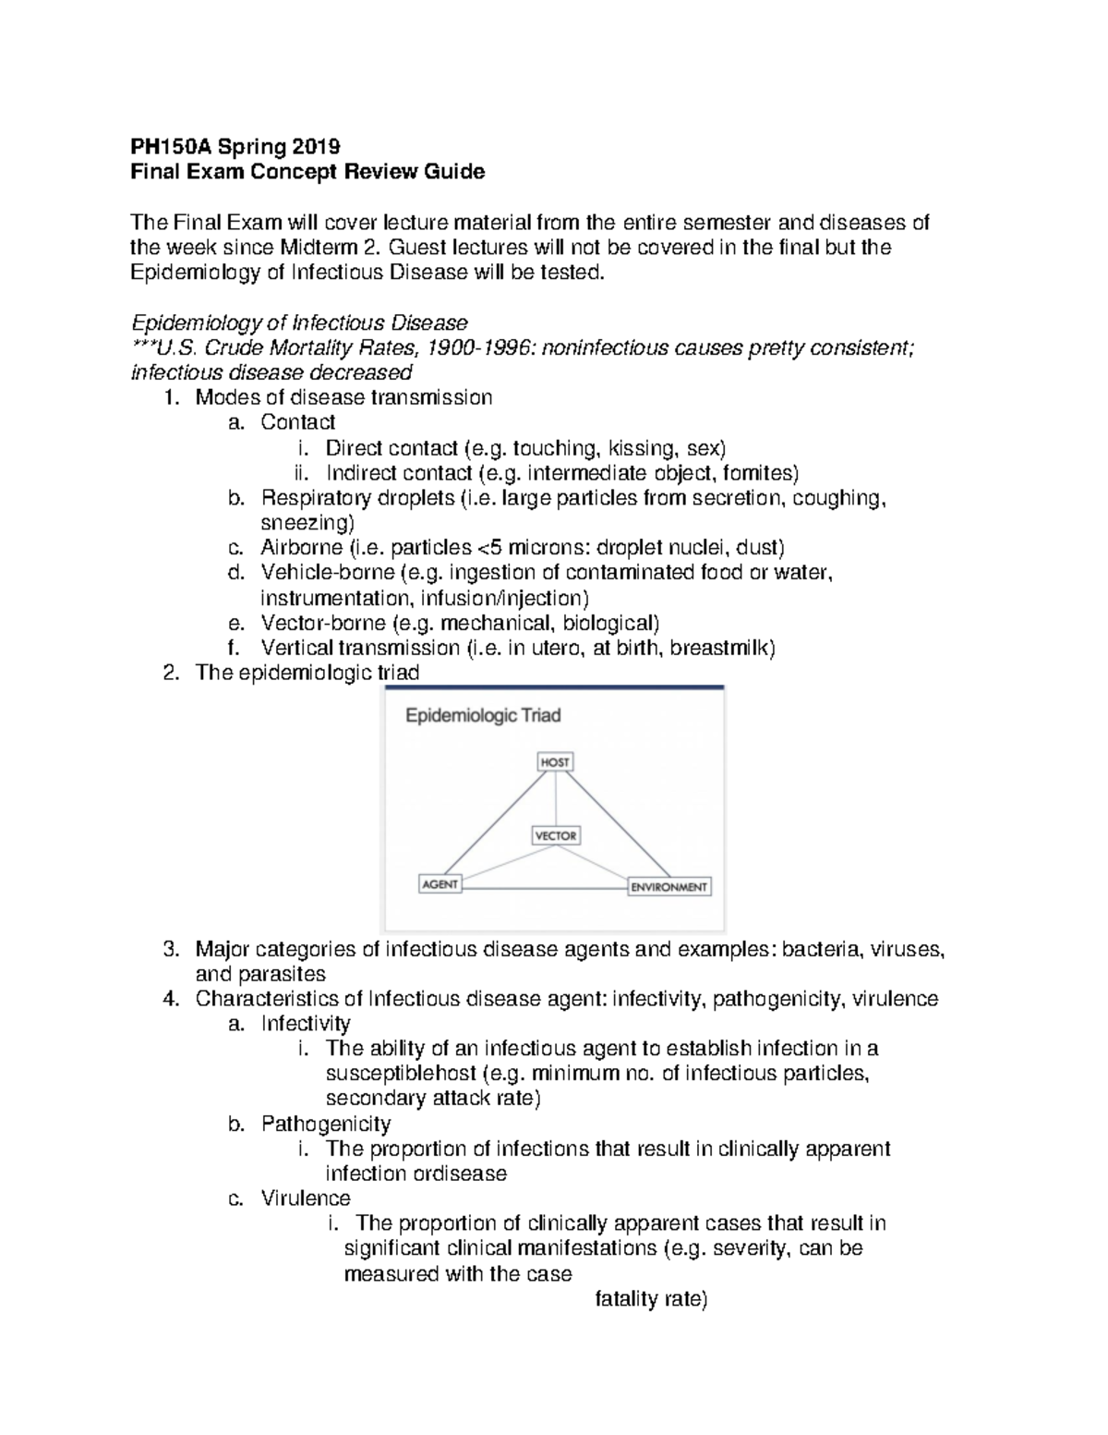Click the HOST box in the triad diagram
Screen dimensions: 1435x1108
[x=555, y=762]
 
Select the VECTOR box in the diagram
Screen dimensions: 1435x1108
[x=555, y=835]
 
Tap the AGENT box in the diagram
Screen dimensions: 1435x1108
[x=440, y=884]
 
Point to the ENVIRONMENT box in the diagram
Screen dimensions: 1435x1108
[x=668, y=887]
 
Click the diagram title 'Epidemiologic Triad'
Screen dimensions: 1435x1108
[x=484, y=715]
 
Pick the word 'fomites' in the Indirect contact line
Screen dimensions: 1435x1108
[x=760, y=473]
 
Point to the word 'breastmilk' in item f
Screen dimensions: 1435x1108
[x=721, y=648]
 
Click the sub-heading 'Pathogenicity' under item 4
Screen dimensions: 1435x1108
[x=326, y=1124]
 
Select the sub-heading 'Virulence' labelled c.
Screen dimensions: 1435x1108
[x=306, y=1198]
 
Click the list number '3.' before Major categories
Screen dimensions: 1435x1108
[x=169, y=949]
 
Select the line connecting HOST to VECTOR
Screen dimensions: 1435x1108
[x=555, y=798]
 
